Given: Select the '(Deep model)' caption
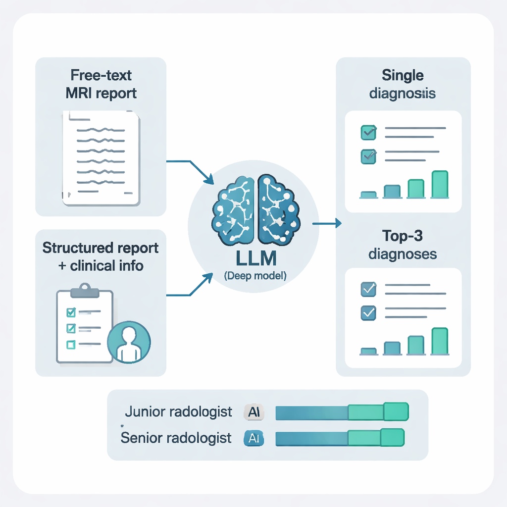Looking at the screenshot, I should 255,276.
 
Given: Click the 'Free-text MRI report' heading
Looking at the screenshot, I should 101,85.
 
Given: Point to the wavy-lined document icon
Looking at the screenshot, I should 101,158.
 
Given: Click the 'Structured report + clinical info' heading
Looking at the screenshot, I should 101,256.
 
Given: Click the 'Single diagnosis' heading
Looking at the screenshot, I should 403,84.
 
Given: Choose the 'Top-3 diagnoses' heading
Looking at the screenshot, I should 403,245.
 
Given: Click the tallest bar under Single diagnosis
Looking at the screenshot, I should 440,184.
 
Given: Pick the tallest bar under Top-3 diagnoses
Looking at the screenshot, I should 440,341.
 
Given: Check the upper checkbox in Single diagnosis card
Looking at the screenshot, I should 368,132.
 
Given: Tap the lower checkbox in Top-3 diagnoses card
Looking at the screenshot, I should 368,313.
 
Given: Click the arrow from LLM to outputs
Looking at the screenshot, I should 327,224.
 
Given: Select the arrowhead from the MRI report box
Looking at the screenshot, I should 208,179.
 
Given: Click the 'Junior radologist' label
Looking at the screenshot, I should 179,412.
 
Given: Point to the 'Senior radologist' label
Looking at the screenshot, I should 176,438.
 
